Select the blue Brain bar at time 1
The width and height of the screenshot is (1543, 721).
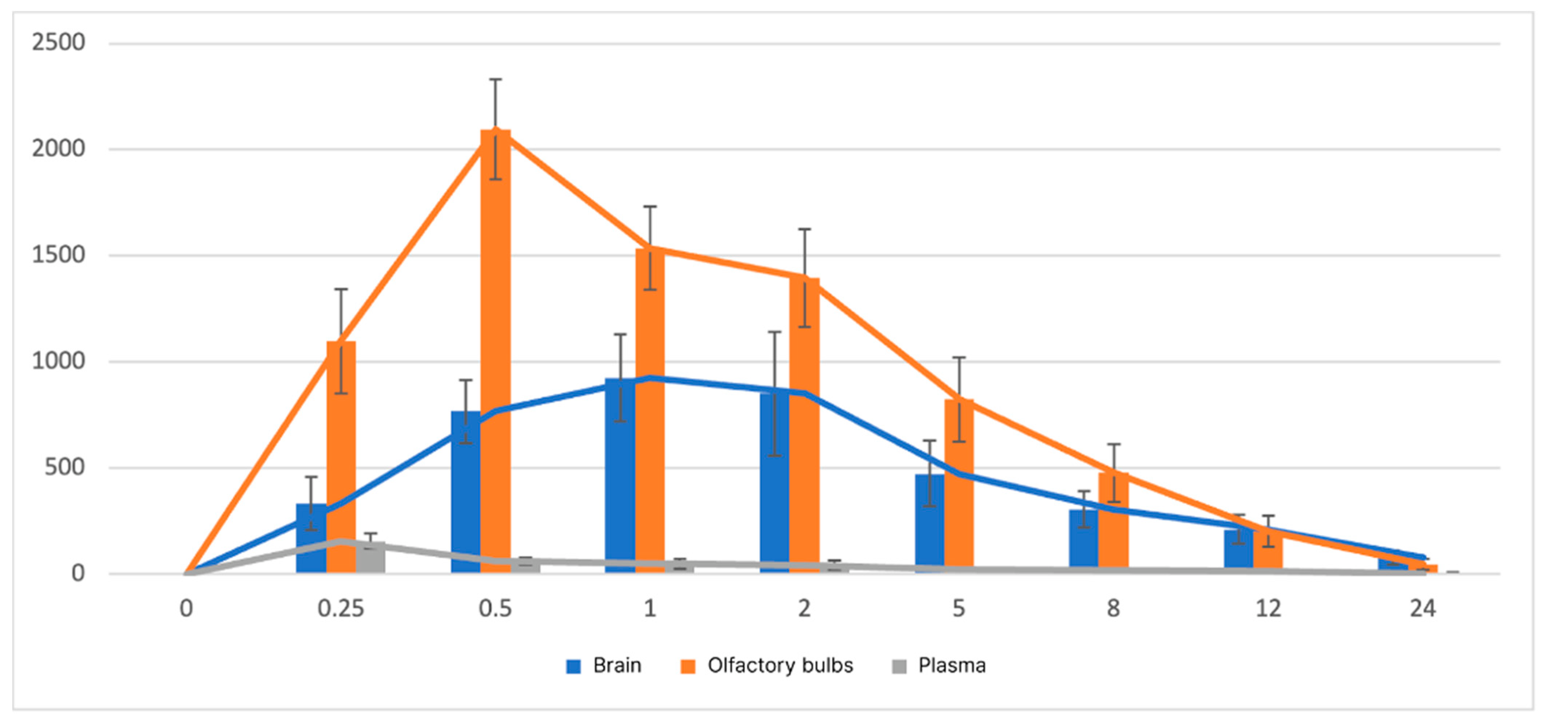[620, 479]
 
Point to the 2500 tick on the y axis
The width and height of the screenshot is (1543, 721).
[58, 43]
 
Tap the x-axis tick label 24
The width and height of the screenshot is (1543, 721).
[1423, 609]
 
